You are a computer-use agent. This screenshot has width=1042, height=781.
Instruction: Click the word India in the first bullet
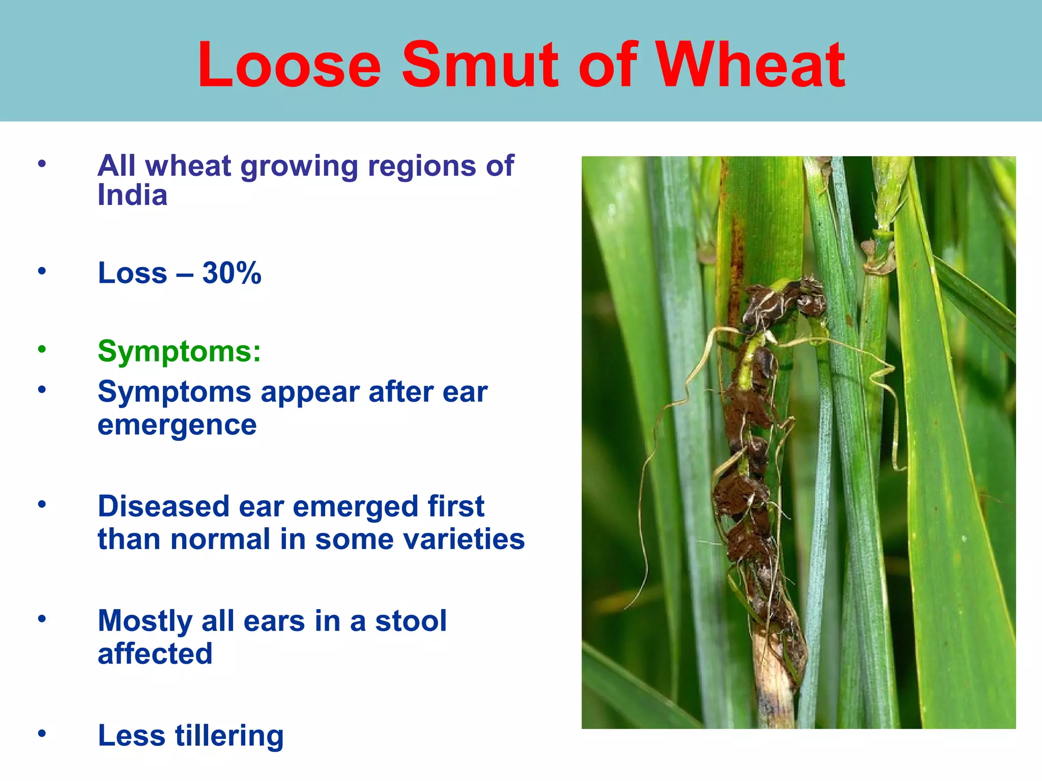[x=132, y=195]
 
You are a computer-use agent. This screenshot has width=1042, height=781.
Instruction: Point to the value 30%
[x=231, y=273]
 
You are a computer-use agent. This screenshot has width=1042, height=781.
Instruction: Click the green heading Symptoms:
[x=179, y=351]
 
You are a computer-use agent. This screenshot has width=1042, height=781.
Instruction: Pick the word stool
[x=411, y=621]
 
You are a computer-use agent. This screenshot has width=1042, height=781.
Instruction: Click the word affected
[x=155, y=654]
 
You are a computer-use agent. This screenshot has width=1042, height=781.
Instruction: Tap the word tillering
[x=229, y=736]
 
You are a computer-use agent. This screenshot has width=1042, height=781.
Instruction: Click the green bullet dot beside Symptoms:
[x=42, y=349]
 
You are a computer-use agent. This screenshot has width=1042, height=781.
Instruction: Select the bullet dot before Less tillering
[x=42, y=734]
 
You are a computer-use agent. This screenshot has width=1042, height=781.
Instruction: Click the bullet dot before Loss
[x=42, y=271]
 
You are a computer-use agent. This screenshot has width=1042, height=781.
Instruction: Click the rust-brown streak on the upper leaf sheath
[x=735, y=269]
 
